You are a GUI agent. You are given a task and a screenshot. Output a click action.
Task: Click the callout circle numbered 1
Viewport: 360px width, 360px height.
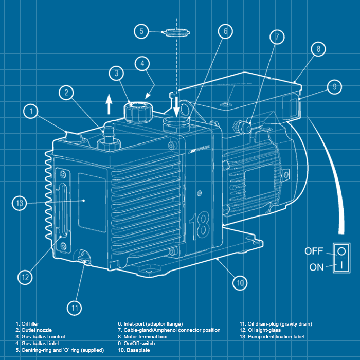pyautogui.click(x=31, y=111)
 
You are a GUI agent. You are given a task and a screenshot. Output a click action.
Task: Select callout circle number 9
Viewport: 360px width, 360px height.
pyautogui.click(x=334, y=86)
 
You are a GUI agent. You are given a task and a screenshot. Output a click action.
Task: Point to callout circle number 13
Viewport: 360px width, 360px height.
pyautogui.click(x=19, y=203)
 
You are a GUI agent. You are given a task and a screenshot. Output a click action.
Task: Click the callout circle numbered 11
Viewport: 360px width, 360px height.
pyautogui.click(x=75, y=308)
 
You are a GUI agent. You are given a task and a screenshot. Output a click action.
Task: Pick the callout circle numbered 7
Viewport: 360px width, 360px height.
pyautogui.click(x=277, y=37)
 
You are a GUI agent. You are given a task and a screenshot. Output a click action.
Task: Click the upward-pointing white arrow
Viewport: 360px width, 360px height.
pyautogui.click(x=109, y=106)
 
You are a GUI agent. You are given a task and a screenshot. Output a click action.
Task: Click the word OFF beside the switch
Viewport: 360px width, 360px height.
pyautogui.click(x=314, y=251)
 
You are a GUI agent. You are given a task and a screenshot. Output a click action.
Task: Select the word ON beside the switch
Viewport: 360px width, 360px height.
pyautogui.click(x=317, y=267)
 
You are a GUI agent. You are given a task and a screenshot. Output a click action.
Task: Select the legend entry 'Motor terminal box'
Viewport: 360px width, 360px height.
pyautogui.click(x=145, y=337)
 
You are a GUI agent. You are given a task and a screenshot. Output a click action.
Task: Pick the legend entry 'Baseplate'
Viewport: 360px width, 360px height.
pyautogui.click(x=135, y=350)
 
